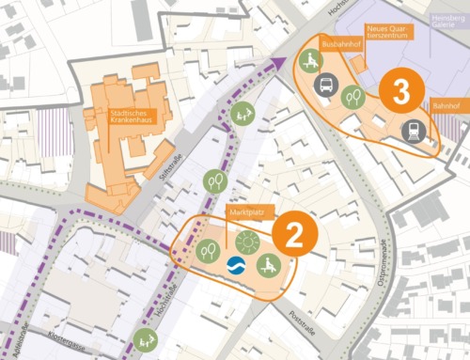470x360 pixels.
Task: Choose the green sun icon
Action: (x=247, y=242)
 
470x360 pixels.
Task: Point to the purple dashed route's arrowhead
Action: (x=278, y=62)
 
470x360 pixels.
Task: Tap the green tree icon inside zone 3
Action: (x=352, y=95)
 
